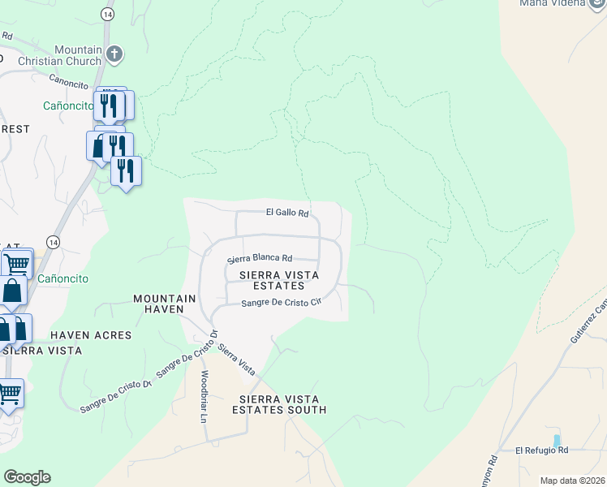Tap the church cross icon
coord(114,55)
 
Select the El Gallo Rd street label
coord(288,213)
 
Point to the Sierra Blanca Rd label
coord(260,259)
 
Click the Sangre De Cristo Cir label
coord(282,304)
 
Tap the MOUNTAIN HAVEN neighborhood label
coord(165,304)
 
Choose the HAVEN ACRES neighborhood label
coord(91,335)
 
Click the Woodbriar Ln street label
coord(204,397)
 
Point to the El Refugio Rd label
coord(542,450)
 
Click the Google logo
coord(27,477)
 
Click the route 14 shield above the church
coord(107,15)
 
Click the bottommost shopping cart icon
coord(9,394)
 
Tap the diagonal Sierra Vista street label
coord(236,360)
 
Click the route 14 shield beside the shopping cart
coord(53,242)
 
